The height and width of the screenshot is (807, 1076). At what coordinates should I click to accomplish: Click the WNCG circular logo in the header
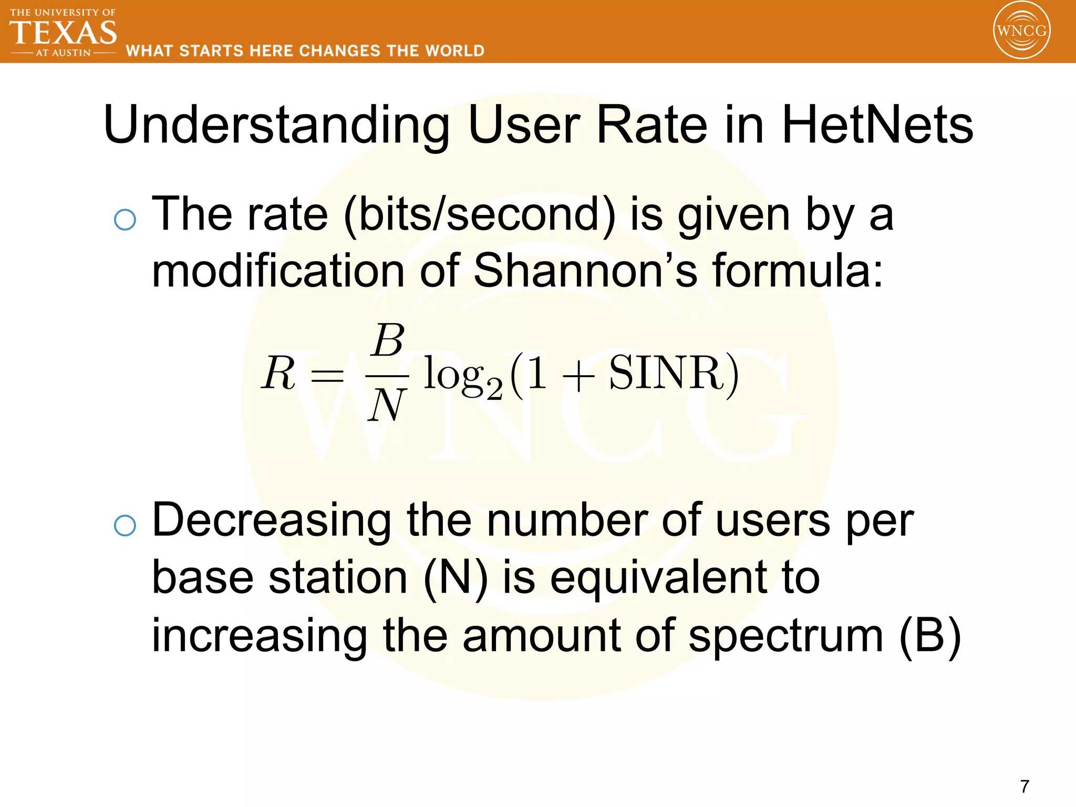[x=1021, y=30]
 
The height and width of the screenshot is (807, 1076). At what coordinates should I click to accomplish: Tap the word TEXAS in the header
[x=63, y=33]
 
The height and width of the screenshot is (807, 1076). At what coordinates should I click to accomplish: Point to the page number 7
[x=1025, y=786]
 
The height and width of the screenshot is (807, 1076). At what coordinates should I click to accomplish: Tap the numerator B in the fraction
[x=388, y=340]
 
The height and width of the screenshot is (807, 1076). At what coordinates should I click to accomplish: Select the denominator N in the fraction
[x=387, y=405]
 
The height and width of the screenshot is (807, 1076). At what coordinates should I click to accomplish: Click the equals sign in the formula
[x=327, y=375]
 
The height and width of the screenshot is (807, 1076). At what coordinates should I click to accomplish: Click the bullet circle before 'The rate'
[x=125, y=219]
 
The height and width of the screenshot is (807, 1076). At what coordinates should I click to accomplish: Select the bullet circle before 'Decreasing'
[x=125, y=525]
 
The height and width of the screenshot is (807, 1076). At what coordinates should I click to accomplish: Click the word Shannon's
[x=585, y=271]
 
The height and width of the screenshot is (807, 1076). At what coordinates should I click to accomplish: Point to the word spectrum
[x=785, y=636]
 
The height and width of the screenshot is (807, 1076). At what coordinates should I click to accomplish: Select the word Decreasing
[x=272, y=521]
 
